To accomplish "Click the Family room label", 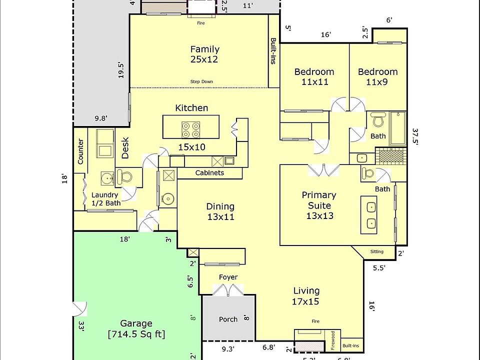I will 204,54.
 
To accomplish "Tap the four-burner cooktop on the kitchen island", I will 190,130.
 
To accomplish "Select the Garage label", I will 136,323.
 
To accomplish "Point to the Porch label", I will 228,319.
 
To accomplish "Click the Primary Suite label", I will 319,205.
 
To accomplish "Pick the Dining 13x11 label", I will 220,211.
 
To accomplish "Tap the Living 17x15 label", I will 306,296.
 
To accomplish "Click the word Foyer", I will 228,277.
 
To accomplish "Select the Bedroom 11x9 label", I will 377,76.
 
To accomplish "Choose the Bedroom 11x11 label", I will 314,76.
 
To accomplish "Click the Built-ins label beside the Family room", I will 273,51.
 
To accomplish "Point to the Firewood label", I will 333,340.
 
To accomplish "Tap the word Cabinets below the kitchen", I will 209,173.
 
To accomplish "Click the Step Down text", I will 201,81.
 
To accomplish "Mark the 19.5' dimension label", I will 120,70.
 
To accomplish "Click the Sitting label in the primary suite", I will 377,251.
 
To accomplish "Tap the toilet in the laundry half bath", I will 123,176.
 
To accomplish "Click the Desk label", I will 125,148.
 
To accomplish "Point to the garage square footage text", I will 136,334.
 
